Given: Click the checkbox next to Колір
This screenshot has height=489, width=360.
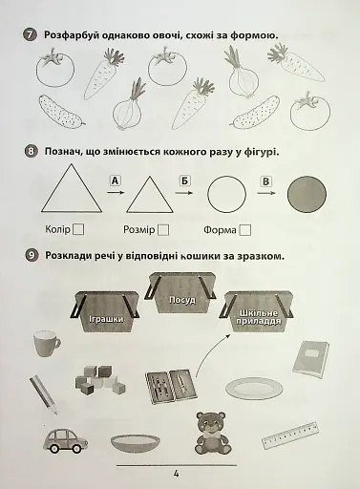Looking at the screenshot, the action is pos(78,229).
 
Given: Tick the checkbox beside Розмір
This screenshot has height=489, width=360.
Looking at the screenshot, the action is pos(163,230).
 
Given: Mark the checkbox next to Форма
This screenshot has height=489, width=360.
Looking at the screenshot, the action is pos(245,230).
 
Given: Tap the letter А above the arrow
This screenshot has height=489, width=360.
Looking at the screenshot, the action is pos(116,181).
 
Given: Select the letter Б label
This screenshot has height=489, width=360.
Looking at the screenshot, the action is pos(184,181).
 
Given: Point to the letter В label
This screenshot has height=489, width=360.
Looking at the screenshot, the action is pos(266,181).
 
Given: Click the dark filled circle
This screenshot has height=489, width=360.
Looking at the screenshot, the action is pos(307,194).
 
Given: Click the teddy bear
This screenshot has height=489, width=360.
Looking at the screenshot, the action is pos(211,433).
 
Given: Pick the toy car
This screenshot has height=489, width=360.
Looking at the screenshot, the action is pos(66,440).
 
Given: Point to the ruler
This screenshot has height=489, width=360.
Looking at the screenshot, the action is pos(290,435).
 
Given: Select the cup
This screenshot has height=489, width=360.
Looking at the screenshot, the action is pos(47,343).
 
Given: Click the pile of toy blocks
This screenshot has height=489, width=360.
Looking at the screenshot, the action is pos(99,380).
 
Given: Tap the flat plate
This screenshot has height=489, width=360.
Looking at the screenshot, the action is pos(254,389).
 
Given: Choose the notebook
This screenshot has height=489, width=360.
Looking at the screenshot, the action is pos(310,360).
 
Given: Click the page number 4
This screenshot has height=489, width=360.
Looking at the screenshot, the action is pos(176,474).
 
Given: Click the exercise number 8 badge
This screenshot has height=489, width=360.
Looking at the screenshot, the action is pos(31,151).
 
